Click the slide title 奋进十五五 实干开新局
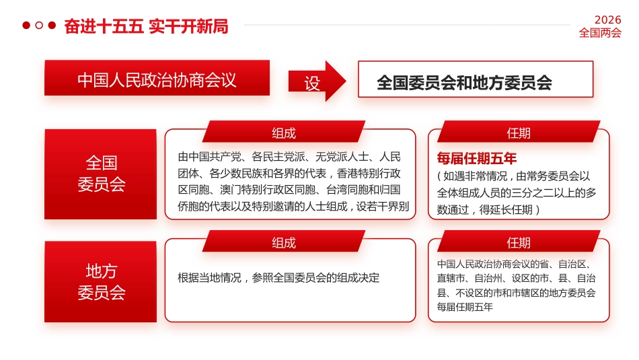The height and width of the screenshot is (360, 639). click(x=146, y=26)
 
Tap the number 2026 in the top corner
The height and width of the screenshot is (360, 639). click(x=607, y=20)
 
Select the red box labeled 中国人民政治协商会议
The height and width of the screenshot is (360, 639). click(x=157, y=79)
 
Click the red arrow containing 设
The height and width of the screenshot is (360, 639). click(x=317, y=81)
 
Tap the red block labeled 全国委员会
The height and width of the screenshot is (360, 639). click(x=101, y=174)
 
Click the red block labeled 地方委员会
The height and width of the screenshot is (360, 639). click(x=101, y=281)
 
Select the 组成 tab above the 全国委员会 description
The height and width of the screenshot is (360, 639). click(x=283, y=133)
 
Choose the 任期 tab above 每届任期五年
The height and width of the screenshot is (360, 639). click(x=518, y=133)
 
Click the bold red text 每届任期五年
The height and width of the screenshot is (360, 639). click(x=477, y=159)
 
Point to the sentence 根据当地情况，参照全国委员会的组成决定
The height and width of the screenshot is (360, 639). click(x=278, y=277)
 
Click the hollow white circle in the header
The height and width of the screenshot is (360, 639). click(x=39, y=26)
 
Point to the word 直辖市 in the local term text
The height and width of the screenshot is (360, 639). click(x=450, y=277)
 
